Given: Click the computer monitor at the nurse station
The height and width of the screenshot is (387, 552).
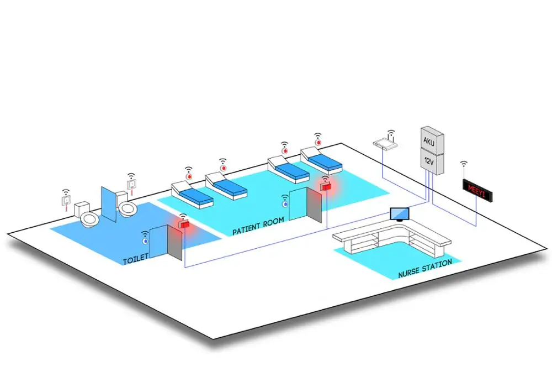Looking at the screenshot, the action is coord(399,213).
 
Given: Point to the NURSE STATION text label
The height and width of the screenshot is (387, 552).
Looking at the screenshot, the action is coord(424,268).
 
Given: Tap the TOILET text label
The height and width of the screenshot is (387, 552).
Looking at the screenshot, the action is coord(136,258).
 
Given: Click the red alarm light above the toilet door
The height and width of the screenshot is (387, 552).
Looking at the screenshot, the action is coord(183,224).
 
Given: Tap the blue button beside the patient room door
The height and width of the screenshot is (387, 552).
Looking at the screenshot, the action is coord(285,205).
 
